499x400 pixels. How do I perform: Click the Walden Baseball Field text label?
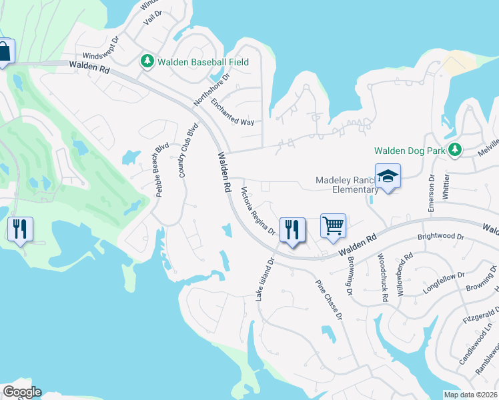tap(203, 62)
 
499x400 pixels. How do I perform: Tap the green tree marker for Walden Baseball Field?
tap(147, 61)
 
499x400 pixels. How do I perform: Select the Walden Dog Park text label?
tap(410, 151)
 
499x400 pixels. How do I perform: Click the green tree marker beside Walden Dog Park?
tap(455, 150)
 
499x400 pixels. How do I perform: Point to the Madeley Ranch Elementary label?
tap(347, 185)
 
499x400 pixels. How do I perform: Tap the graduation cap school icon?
tap(388, 176)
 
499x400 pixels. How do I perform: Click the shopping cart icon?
tap(333, 225)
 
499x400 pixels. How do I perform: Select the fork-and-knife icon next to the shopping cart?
tap(292, 230)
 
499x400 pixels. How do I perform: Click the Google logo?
tap(22, 392)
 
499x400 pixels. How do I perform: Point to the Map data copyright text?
tap(470, 395)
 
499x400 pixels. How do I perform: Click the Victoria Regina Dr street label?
tap(258, 211)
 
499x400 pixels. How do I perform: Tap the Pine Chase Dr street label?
tap(328, 297)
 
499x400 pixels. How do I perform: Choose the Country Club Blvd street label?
tap(189, 151)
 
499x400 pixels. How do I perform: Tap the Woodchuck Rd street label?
tap(382, 278)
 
